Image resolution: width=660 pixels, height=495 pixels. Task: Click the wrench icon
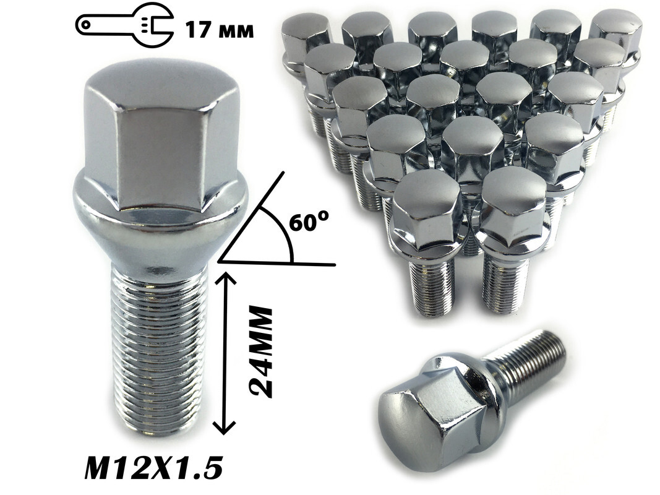point(124,25)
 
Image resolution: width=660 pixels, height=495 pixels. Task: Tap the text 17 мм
point(220,30)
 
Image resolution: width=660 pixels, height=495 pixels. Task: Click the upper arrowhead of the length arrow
point(227,278)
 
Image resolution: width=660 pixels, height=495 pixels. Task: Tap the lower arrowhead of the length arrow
point(227,427)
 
